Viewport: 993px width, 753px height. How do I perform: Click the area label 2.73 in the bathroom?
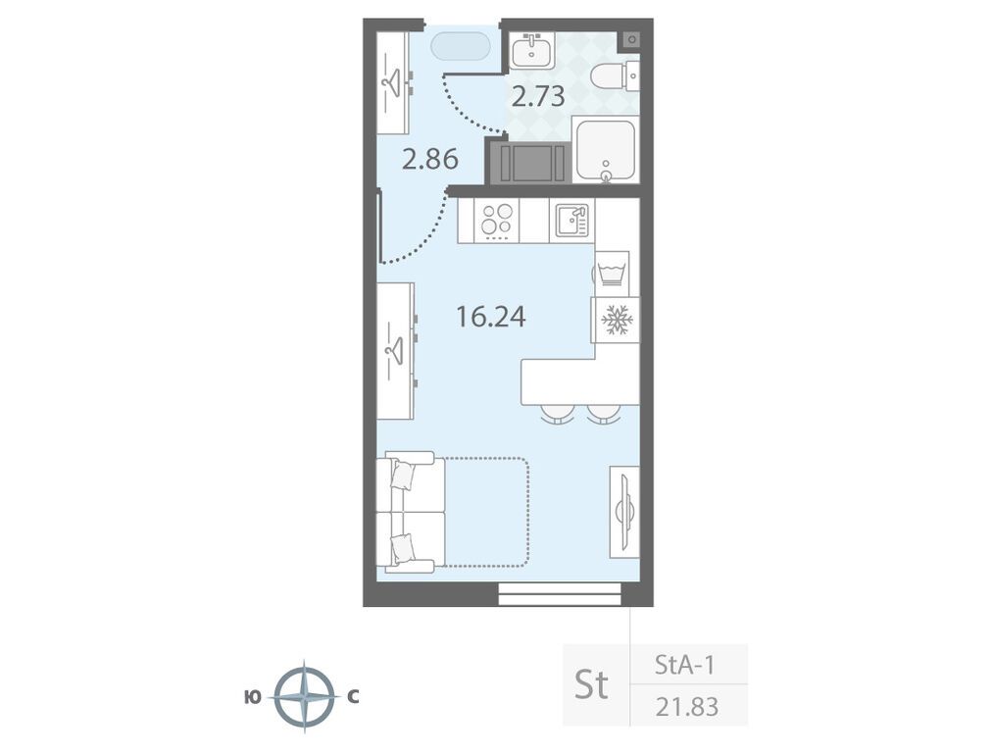pos(537,97)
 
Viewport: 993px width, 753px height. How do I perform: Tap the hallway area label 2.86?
pos(430,159)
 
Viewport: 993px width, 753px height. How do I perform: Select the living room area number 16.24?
pos(491,317)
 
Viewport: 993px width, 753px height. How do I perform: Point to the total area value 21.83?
pos(687,706)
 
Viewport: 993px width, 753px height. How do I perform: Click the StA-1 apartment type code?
pos(684,666)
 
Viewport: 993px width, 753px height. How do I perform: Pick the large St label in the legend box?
pos(591,684)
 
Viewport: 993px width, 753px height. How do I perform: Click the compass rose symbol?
pos(305,697)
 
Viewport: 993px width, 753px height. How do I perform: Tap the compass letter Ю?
pos(252,697)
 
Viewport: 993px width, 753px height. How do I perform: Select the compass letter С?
pos(353,697)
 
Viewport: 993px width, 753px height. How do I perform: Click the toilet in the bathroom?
pos(615,76)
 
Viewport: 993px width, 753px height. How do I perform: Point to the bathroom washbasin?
pos(532,50)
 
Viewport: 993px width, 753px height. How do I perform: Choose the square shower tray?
pos(606,149)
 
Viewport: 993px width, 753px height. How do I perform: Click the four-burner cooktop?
pos(496,221)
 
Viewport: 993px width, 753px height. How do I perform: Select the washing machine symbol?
pos(612,274)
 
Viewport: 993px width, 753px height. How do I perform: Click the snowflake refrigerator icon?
pos(615,320)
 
